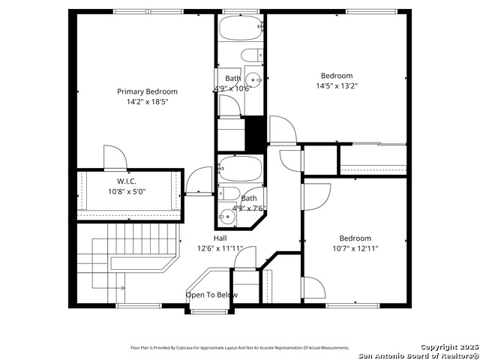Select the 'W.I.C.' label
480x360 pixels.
[x=125, y=181]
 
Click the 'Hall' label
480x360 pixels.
[x=220, y=238]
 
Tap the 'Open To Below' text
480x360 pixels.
[x=211, y=295]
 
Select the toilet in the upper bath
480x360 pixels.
[x=253, y=55]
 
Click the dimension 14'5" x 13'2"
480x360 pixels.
[x=337, y=85]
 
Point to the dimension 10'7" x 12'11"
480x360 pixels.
[x=355, y=248]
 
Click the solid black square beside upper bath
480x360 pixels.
[x=256, y=133]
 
